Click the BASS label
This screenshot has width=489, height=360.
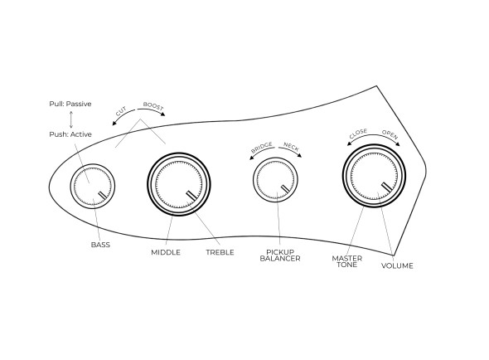point(100,245)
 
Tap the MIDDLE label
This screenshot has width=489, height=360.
point(166,252)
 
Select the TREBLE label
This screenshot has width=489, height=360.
point(220,252)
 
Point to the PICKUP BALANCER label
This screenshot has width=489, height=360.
point(280,255)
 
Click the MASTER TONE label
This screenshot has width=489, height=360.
point(347,261)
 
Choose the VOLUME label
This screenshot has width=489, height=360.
point(397,265)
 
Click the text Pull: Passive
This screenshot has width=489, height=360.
point(70,104)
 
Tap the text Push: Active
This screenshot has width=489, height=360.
point(70,134)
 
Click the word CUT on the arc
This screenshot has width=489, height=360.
point(121,111)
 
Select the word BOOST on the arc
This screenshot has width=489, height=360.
point(153,106)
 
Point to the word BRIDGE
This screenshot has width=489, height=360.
point(262,147)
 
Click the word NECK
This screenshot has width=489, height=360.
point(291,147)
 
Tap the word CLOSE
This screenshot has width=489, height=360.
point(358,134)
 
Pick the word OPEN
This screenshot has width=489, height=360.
point(390,134)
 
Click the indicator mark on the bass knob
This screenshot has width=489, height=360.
point(102,195)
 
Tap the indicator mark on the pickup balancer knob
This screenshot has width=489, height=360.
point(285,188)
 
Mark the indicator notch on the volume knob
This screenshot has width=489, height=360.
point(387,187)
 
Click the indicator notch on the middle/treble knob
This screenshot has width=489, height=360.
point(191,195)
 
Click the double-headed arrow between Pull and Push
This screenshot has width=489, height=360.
point(71,119)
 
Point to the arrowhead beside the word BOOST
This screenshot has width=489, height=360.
point(162,114)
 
